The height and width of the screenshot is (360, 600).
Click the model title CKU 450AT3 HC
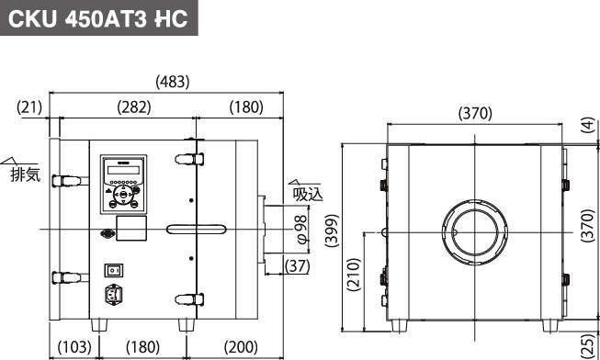coord(98,18)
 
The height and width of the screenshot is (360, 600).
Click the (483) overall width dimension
coord(173,82)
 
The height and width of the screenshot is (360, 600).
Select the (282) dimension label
coord(134,107)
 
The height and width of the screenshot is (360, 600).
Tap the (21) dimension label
coord(29,107)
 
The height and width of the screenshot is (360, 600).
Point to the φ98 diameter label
coord(301,230)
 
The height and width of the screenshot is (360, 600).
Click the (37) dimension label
coord(298,266)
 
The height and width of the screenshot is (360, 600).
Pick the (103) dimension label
coord(74,347)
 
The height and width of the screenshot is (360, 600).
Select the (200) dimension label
coord(241,347)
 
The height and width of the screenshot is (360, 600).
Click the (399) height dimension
coord(332,231)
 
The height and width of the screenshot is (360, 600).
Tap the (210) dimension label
coord(354,275)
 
